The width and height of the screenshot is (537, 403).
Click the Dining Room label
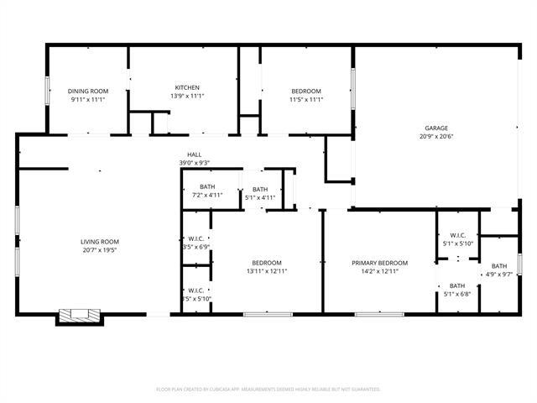point(88,91)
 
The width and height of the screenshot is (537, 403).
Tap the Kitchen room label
point(186,87)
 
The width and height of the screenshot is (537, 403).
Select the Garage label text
point(435,128)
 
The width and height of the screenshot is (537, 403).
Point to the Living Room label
point(100,241)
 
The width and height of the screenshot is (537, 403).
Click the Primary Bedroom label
point(379,263)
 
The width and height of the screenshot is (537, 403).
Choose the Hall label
point(194,154)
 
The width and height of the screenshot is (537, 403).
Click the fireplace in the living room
point(80,316)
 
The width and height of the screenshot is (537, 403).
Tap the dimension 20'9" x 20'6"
point(435,136)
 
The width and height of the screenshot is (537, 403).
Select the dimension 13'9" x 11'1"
point(186,96)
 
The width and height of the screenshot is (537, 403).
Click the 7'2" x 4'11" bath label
point(206,186)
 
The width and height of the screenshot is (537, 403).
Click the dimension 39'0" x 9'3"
point(194,163)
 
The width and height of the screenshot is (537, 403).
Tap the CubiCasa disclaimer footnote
point(268,390)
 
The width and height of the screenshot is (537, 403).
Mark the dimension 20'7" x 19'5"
point(100,249)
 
